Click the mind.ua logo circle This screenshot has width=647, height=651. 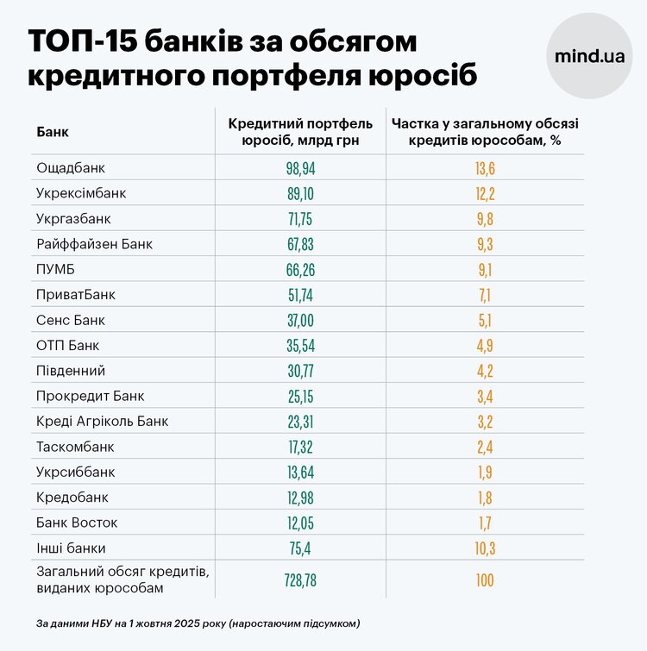pyautogui.click(x=590, y=56)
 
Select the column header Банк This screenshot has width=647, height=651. pyautogui.click(x=53, y=133)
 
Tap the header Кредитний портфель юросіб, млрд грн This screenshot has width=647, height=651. pyautogui.click(x=300, y=132)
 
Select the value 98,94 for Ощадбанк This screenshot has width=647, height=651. pyautogui.click(x=300, y=168)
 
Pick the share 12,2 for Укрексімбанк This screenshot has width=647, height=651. pyautogui.click(x=485, y=194)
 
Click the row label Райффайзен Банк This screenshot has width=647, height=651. pyautogui.click(x=94, y=244)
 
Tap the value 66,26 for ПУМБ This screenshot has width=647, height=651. pyautogui.click(x=300, y=270)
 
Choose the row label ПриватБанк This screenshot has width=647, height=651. pyautogui.click(x=76, y=295)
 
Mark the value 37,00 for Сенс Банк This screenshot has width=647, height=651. pyautogui.click(x=300, y=321)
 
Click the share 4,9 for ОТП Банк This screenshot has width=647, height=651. pyautogui.click(x=485, y=347)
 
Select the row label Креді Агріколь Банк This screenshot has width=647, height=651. pyautogui.click(x=103, y=422)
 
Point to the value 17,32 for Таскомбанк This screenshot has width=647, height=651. pyautogui.click(x=300, y=448)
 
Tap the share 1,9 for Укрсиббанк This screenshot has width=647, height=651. pyautogui.click(x=485, y=473)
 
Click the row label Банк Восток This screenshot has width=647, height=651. pyautogui.click(x=77, y=523)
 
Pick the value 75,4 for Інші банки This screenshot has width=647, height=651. pyautogui.click(x=300, y=548)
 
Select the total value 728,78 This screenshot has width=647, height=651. pyautogui.click(x=300, y=580)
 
